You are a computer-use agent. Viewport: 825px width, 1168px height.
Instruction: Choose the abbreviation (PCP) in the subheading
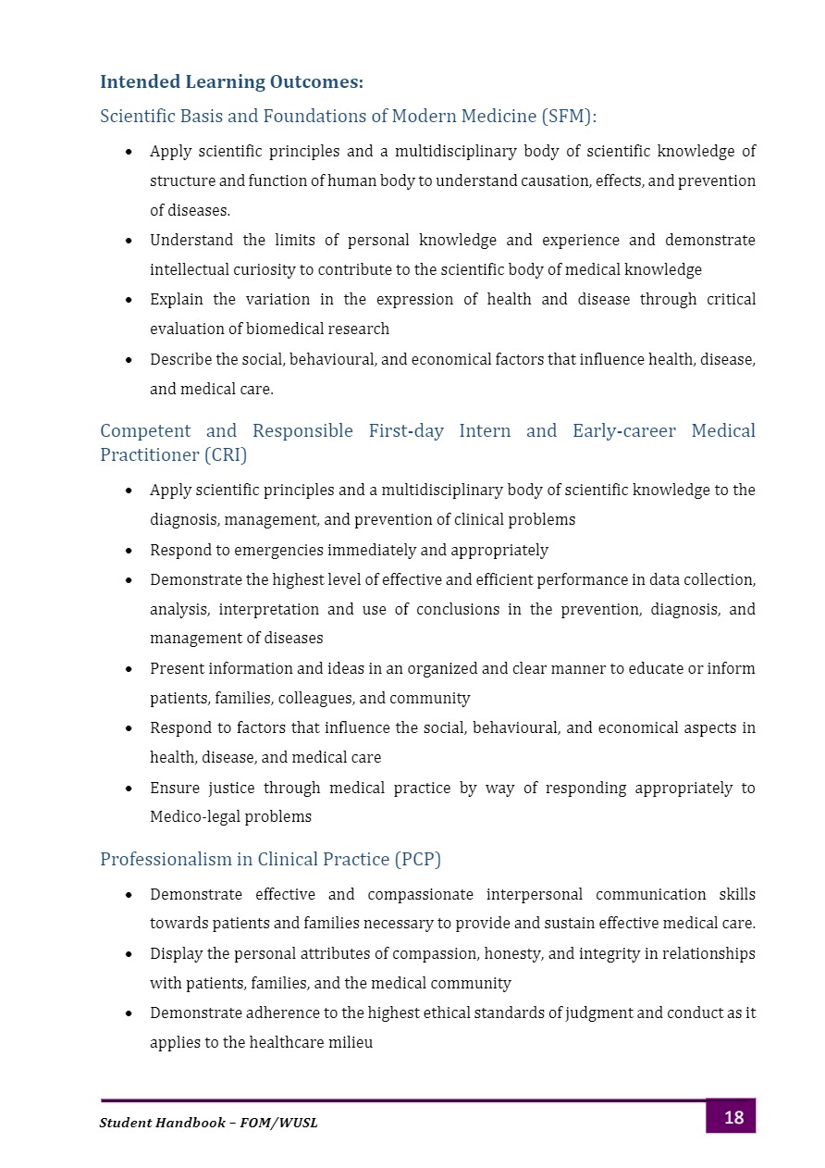(x=417, y=860)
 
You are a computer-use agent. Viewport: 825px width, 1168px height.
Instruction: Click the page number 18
(x=733, y=1118)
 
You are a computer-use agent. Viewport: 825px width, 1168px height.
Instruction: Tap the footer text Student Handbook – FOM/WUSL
(x=208, y=1123)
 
